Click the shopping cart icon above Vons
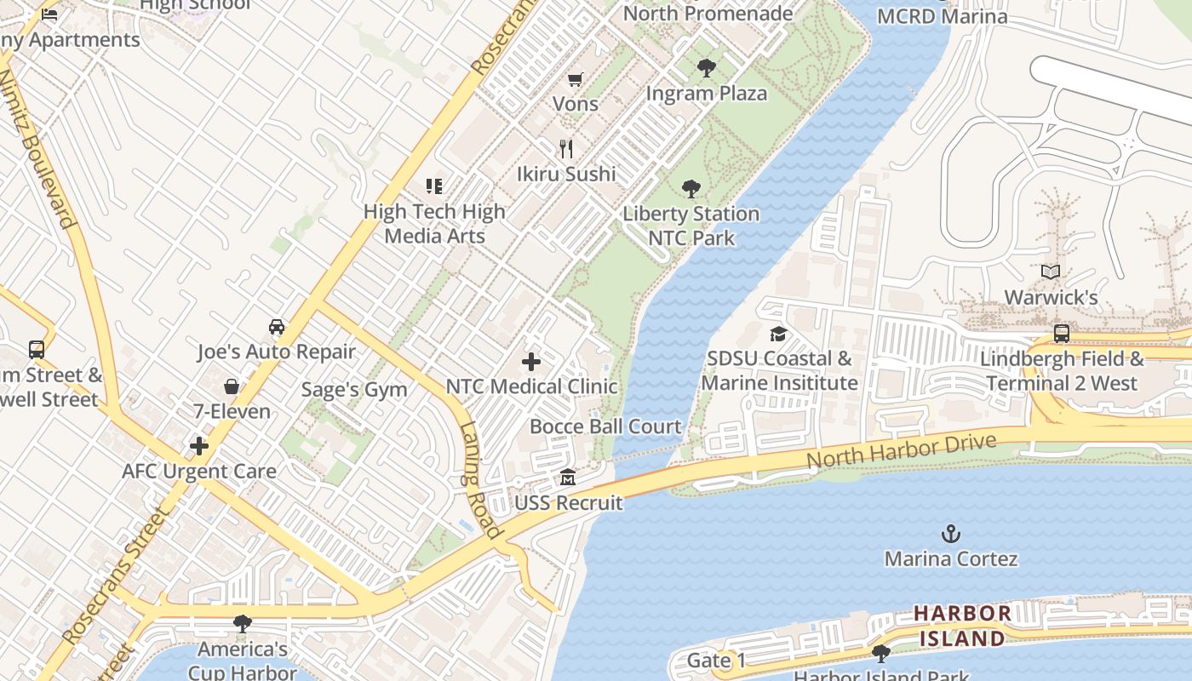(575, 79)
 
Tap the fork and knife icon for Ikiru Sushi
(566, 149)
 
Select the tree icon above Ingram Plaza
(706, 68)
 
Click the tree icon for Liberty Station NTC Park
(691, 188)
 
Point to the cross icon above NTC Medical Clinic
(531, 362)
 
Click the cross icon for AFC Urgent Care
(199, 446)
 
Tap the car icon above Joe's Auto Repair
(277, 327)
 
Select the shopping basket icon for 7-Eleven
(231, 386)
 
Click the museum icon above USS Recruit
(568, 478)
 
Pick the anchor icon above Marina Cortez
(950, 534)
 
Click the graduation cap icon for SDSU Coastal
(778, 334)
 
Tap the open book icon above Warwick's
(1051, 272)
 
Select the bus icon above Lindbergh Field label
(1062, 333)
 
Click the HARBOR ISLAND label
(962, 626)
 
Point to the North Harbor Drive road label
(901, 451)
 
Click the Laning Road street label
(479, 480)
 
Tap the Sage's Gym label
(354, 390)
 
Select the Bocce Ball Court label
(605, 426)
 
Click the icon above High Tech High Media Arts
(434, 186)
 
